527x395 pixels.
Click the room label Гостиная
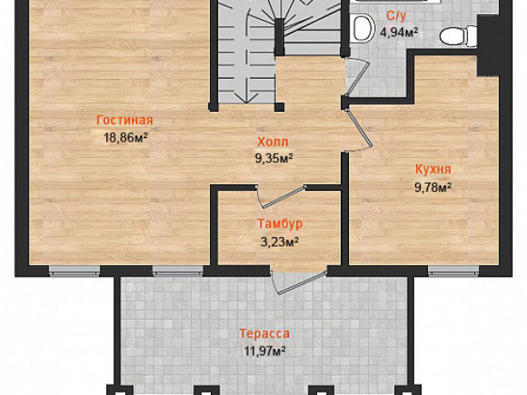124,120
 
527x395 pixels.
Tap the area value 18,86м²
126,137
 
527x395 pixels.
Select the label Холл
273,142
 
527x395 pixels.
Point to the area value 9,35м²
274,158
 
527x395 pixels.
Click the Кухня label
433,170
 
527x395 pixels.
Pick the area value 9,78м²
433,188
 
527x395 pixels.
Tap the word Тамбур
280,224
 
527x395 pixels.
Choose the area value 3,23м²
280,241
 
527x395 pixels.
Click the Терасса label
264,333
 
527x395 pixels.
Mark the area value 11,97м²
265,351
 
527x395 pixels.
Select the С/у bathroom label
397,16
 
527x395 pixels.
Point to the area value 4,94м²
399,33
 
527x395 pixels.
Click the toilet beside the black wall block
458,35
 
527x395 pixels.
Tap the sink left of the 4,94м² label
364,26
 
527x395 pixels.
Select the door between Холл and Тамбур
283,196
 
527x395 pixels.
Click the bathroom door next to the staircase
357,77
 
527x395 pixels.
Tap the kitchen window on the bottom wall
454,271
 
